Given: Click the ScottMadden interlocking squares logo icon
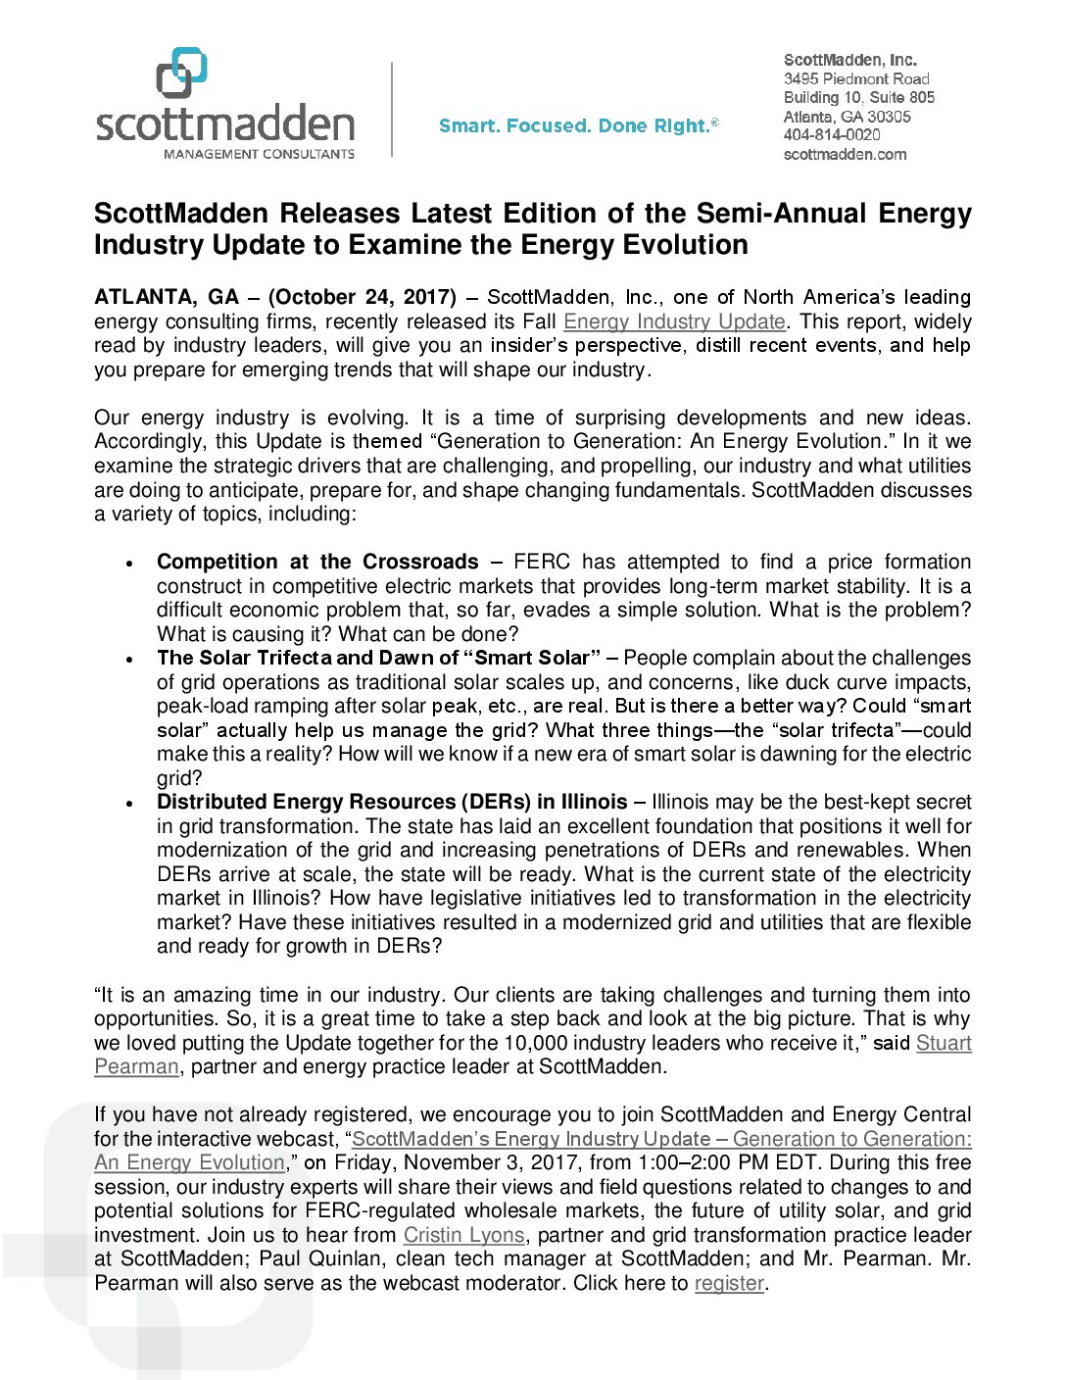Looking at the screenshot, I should (x=182, y=73).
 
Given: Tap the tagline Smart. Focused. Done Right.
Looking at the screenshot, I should (x=578, y=126).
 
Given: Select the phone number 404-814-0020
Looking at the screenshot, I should (x=832, y=135).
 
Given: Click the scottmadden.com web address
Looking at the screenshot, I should (x=845, y=154).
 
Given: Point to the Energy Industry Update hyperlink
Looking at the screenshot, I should (x=674, y=321).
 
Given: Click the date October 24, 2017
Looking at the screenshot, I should (x=363, y=297).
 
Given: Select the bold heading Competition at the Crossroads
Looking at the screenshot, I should (x=317, y=562).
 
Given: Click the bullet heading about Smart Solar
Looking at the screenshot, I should (x=378, y=658).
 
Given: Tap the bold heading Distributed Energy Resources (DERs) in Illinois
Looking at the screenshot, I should (x=392, y=802).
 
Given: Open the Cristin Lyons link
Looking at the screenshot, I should (x=463, y=1235).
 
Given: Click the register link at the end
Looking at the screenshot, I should (x=728, y=1283).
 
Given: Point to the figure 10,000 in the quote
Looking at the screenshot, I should (x=535, y=1043).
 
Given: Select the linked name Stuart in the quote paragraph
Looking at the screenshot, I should (x=944, y=1043).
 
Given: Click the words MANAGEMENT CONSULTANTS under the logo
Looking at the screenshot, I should (x=259, y=154).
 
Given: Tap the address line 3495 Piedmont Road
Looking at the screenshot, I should (x=856, y=78).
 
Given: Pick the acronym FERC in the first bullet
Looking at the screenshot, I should (x=542, y=562).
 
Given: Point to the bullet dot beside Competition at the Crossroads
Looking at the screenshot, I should (x=129, y=564).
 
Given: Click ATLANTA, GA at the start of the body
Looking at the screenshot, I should (x=167, y=297).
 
